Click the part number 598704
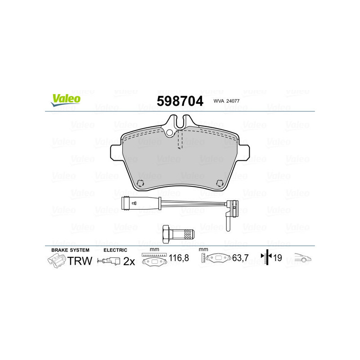[180, 100]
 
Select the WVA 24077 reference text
[227, 102]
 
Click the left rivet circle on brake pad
[139, 183]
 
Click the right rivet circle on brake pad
[220, 183]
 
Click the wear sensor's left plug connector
[127, 203]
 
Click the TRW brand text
[80, 261]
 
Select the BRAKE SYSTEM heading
[70, 250]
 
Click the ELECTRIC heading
[116, 250]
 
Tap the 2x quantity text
[129, 261]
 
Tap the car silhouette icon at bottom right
[303, 258]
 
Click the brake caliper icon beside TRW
[56, 260]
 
